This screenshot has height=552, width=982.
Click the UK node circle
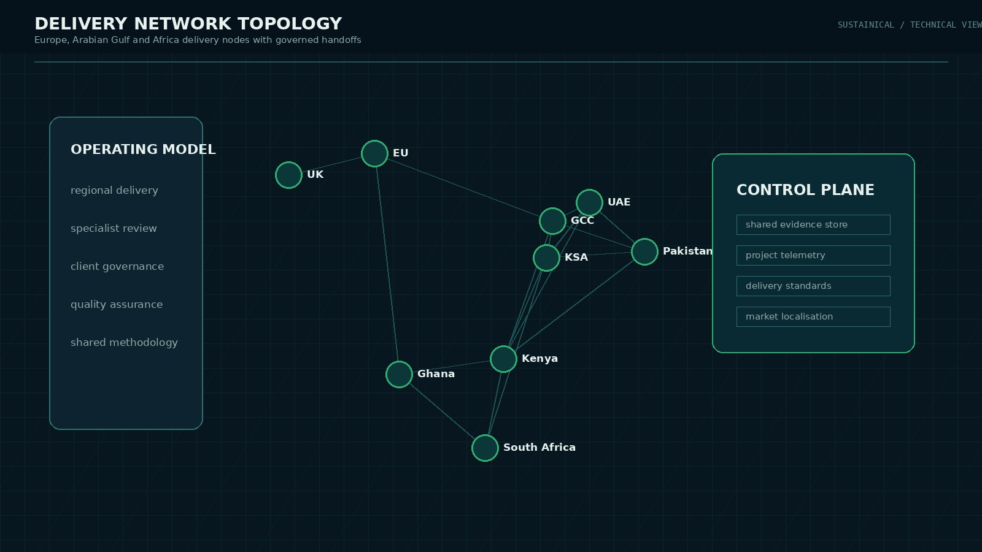(x=288, y=175)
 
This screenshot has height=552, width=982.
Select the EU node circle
(x=374, y=153)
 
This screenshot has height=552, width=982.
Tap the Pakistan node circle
(x=644, y=251)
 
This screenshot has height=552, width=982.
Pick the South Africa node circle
(x=485, y=448)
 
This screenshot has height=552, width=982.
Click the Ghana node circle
(x=399, y=374)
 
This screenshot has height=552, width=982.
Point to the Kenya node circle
(x=503, y=359)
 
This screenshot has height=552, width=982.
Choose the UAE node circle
(x=589, y=202)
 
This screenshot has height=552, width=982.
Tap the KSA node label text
(x=576, y=258)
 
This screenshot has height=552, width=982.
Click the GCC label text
(x=582, y=221)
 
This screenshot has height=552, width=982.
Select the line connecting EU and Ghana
(x=387, y=264)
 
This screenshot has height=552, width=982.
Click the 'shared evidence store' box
(x=813, y=224)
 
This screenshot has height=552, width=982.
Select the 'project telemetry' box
(x=813, y=255)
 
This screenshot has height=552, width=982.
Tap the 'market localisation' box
(x=813, y=316)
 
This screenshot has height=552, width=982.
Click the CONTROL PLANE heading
(x=805, y=190)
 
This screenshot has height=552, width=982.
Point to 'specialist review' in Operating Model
(x=114, y=228)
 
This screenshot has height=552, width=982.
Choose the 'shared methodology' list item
(x=124, y=342)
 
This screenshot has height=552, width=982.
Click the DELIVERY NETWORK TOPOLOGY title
(x=188, y=24)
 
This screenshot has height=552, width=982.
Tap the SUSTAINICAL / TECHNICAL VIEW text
(x=908, y=25)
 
